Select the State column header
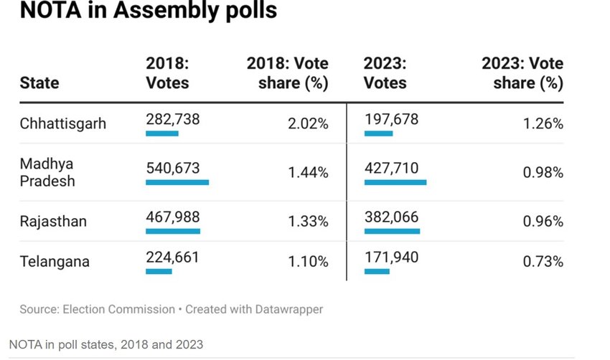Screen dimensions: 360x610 (39, 82)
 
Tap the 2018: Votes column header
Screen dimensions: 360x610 (167, 73)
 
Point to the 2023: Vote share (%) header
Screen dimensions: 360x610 (522, 73)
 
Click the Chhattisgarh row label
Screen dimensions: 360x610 (62, 123)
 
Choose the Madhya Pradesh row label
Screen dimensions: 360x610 (47, 172)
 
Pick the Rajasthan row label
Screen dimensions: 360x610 (53, 221)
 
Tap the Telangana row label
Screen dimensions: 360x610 (55, 262)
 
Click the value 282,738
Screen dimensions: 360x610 (172, 120)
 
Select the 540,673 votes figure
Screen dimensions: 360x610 (172, 168)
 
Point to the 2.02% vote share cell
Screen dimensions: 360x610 (308, 123)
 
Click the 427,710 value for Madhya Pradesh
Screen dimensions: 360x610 (391, 168)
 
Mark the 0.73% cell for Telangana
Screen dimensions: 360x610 (543, 262)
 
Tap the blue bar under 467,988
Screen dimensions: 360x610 (172, 231)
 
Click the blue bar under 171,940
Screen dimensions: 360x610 (377, 271)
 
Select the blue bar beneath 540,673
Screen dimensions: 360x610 (177, 182)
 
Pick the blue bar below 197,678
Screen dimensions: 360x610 (378, 133)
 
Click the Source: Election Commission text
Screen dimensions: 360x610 (97, 310)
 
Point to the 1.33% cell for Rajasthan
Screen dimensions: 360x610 (308, 221)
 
